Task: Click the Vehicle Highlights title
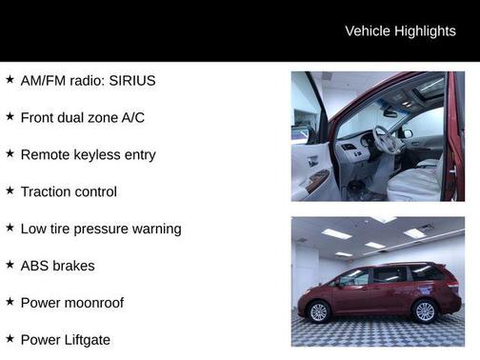pyautogui.click(x=400, y=30)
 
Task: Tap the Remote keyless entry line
pyautogui.click(x=88, y=154)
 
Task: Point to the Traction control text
pyautogui.click(x=69, y=191)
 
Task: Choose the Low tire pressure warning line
pyautogui.click(x=101, y=229)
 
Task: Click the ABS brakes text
pyautogui.click(x=57, y=266)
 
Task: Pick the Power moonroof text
pyautogui.click(x=72, y=303)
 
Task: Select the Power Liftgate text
pyautogui.click(x=65, y=339)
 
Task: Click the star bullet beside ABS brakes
pyautogui.click(x=10, y=265)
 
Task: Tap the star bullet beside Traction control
pyautogui.click(x=10, y=190)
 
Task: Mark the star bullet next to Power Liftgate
pyautogui.click(x=10, y=338)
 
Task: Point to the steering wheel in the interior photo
pyautogui.click(x=385, y=141)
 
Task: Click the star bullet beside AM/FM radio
pyautogui.click(x=10, y=80)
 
